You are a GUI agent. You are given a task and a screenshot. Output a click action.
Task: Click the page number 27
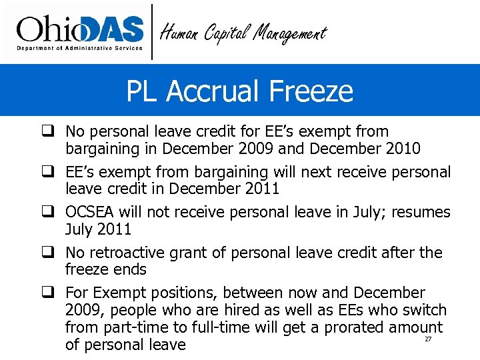(428, 340)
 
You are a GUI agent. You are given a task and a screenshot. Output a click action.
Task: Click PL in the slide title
(143, 91)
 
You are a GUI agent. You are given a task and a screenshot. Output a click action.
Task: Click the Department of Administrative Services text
(79, 48)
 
